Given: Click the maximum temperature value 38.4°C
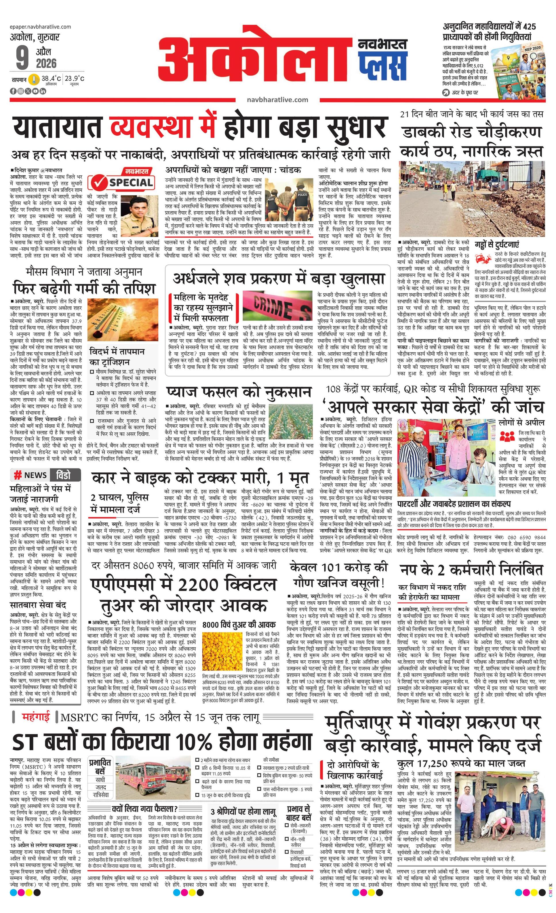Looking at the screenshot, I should coord(51,79).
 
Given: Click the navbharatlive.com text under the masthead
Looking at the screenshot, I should coord(277,99).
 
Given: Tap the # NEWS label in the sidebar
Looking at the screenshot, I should coord(31,475).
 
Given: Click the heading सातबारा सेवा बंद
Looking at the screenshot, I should coord(38,605).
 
